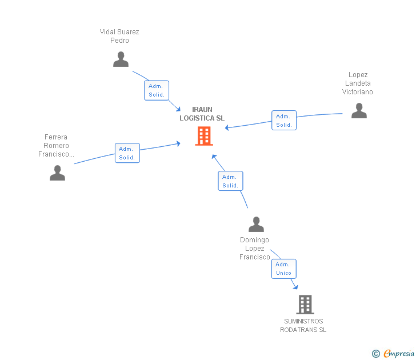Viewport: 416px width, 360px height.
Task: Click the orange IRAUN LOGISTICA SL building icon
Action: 204,136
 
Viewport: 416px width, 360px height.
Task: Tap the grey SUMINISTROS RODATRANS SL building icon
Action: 305,305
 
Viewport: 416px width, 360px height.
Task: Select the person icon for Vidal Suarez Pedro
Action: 121,59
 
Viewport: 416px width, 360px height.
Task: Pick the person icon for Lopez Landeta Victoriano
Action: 359,110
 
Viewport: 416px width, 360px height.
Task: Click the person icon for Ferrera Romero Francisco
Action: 57,173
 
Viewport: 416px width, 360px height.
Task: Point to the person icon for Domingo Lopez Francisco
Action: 256,225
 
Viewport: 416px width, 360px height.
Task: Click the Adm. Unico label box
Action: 283,269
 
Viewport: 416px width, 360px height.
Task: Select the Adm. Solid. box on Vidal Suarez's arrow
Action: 157,90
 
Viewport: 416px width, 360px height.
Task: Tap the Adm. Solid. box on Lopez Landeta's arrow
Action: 284,121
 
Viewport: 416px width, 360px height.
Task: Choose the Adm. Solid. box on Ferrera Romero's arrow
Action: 127,153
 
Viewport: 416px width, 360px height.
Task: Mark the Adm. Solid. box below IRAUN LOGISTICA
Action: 230,181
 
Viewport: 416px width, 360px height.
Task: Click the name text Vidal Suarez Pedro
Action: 119,36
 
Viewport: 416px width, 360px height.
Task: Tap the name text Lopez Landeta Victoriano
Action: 358,83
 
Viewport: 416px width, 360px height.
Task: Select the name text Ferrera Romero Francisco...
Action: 56,146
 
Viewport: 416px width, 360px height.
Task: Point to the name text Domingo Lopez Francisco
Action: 255,249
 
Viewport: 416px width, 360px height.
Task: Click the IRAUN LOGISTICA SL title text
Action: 202,114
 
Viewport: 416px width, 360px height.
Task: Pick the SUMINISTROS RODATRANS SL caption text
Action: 303,326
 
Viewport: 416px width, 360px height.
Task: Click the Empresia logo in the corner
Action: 399,353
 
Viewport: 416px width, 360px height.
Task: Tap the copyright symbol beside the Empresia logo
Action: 376,354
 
